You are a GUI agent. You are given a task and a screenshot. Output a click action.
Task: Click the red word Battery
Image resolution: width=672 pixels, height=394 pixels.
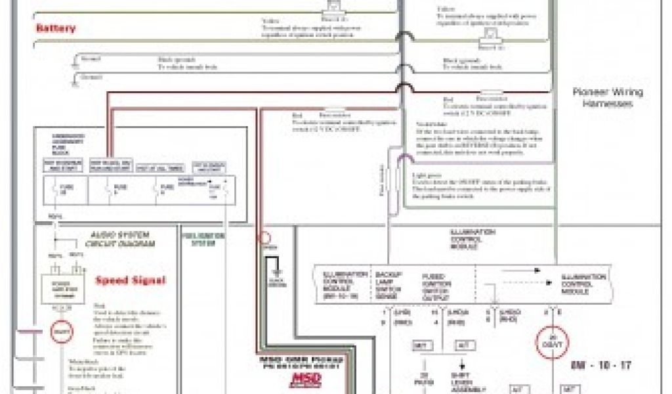56,28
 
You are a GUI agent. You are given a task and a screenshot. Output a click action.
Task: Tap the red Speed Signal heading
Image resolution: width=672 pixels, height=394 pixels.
131,280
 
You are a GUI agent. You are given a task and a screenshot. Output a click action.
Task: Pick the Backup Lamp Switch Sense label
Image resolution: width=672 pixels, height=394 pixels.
388,286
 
